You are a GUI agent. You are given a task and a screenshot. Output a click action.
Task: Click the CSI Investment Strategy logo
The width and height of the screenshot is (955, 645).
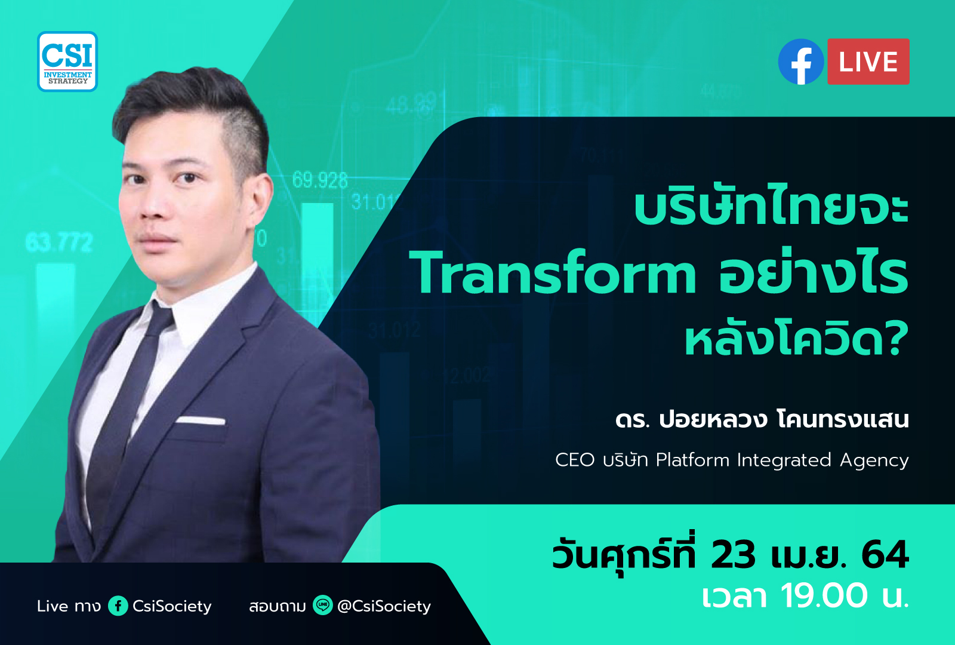[67, 62]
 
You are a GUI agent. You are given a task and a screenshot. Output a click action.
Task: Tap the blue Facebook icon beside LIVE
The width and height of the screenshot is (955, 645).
[801, 62]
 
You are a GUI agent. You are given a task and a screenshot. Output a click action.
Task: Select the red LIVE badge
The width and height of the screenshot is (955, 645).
[868, 62]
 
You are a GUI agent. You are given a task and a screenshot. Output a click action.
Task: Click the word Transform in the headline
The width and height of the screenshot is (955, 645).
[553, 272]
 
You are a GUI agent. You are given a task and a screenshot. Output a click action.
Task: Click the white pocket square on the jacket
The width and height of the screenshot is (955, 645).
[201, 420]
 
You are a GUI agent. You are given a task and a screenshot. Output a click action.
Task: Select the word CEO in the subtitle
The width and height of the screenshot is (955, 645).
[575, 460]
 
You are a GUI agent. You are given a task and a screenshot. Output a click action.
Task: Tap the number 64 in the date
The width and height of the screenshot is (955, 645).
[886, 555]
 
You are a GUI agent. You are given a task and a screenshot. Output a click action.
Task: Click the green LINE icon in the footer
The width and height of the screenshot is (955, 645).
[323, 605]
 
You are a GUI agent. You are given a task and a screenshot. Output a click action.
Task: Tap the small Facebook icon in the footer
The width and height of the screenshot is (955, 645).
[118, 606]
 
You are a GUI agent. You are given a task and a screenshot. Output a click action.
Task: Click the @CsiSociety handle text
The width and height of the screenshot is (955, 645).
[384, 606]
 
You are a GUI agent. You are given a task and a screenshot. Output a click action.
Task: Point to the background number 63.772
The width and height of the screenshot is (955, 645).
[59, 242]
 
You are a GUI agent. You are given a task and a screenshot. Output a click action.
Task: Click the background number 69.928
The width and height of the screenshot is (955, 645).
[320, 180]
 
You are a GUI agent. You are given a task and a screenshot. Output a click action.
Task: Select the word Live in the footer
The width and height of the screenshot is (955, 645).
[53, 606]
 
